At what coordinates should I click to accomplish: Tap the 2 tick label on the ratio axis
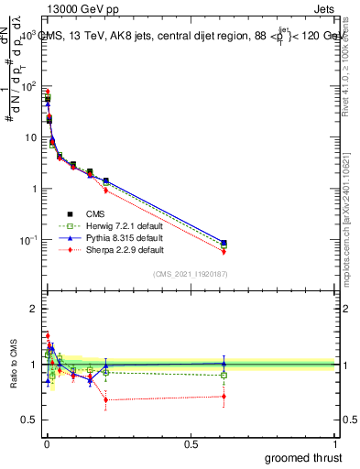pos(34,309)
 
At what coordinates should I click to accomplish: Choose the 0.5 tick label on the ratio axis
pos(31,420)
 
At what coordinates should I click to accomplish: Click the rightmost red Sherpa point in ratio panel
pos(224,397)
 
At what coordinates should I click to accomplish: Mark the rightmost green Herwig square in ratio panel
pos(224,375)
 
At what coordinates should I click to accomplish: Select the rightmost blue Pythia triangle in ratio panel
pos(224,364)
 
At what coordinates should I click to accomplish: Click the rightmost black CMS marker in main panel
pos(224,243)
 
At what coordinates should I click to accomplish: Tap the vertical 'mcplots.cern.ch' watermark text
pos(346,229)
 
